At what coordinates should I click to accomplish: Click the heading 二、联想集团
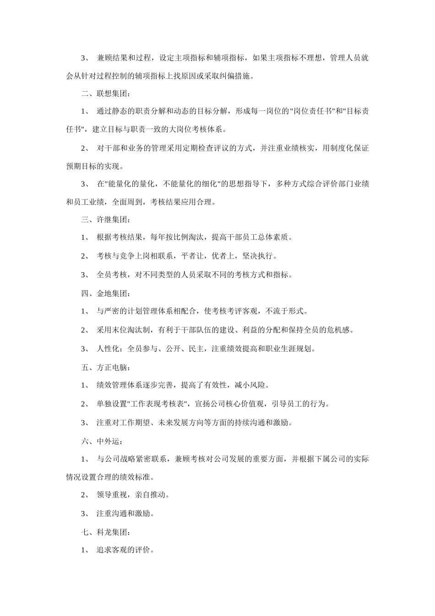click(105, 94)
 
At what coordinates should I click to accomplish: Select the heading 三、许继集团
click(105, 219)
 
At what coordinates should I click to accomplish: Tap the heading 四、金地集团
click(105, 293)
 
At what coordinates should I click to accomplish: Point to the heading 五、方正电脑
click(105, 367)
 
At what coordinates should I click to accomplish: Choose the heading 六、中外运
click(102, 441)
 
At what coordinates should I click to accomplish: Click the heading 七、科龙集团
click(105, 533)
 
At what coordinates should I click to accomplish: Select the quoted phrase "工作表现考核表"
click(159, 404)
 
